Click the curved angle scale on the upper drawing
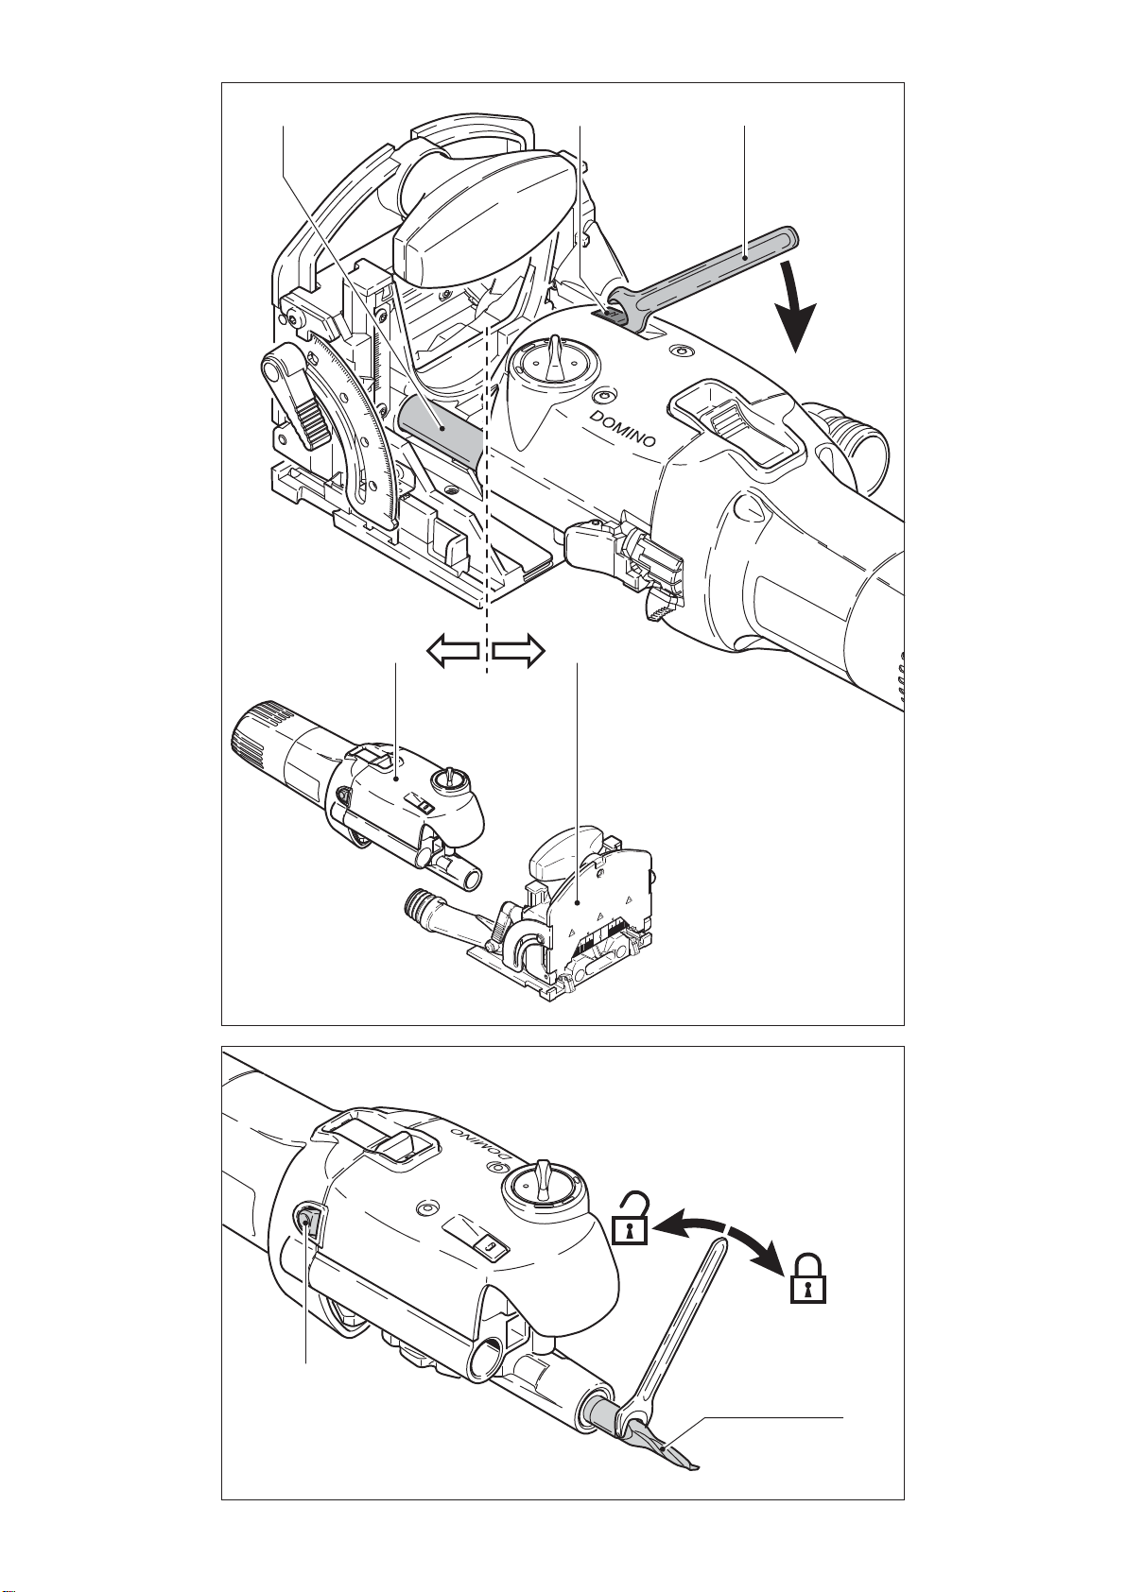pyautogui.click(x=369, y=426)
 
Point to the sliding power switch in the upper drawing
pyautogui.click(x=733, y=423)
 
